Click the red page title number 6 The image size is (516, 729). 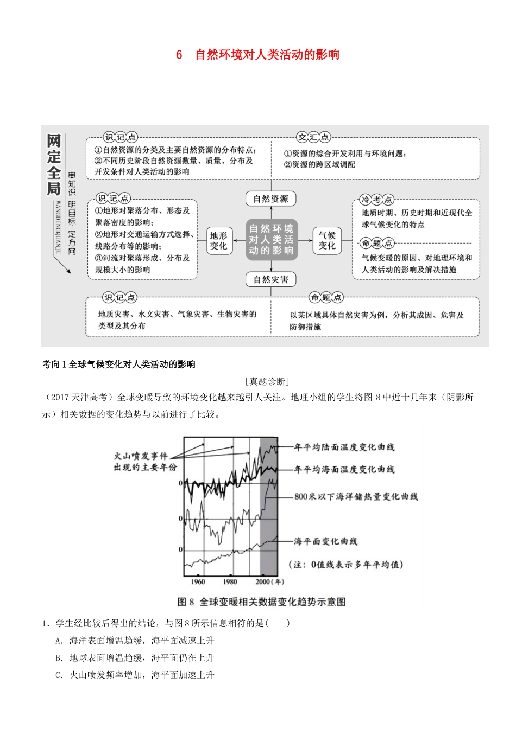point(179,55)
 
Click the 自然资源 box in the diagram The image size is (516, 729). point(270,199)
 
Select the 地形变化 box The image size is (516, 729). point(218,240)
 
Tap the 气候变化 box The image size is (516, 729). point(327,240)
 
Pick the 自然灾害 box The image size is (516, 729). point(270,280)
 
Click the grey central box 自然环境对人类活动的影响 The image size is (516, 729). point(271,240)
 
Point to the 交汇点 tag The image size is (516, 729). point(313,137)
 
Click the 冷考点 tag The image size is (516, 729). point(376,200)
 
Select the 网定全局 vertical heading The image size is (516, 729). point(54,164)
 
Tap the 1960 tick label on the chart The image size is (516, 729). point(198,581)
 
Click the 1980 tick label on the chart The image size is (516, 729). point(230,581)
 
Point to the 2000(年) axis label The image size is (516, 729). point(269,581)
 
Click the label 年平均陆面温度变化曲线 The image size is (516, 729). point(344,447)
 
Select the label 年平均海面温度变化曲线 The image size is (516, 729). point(344,470)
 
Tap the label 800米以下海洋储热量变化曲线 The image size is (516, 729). point(356,496)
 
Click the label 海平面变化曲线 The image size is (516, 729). point(326,541)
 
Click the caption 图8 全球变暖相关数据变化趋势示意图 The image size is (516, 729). point(262,602)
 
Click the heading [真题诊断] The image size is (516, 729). point(267,382)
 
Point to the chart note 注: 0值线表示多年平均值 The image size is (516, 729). point(346,565)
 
